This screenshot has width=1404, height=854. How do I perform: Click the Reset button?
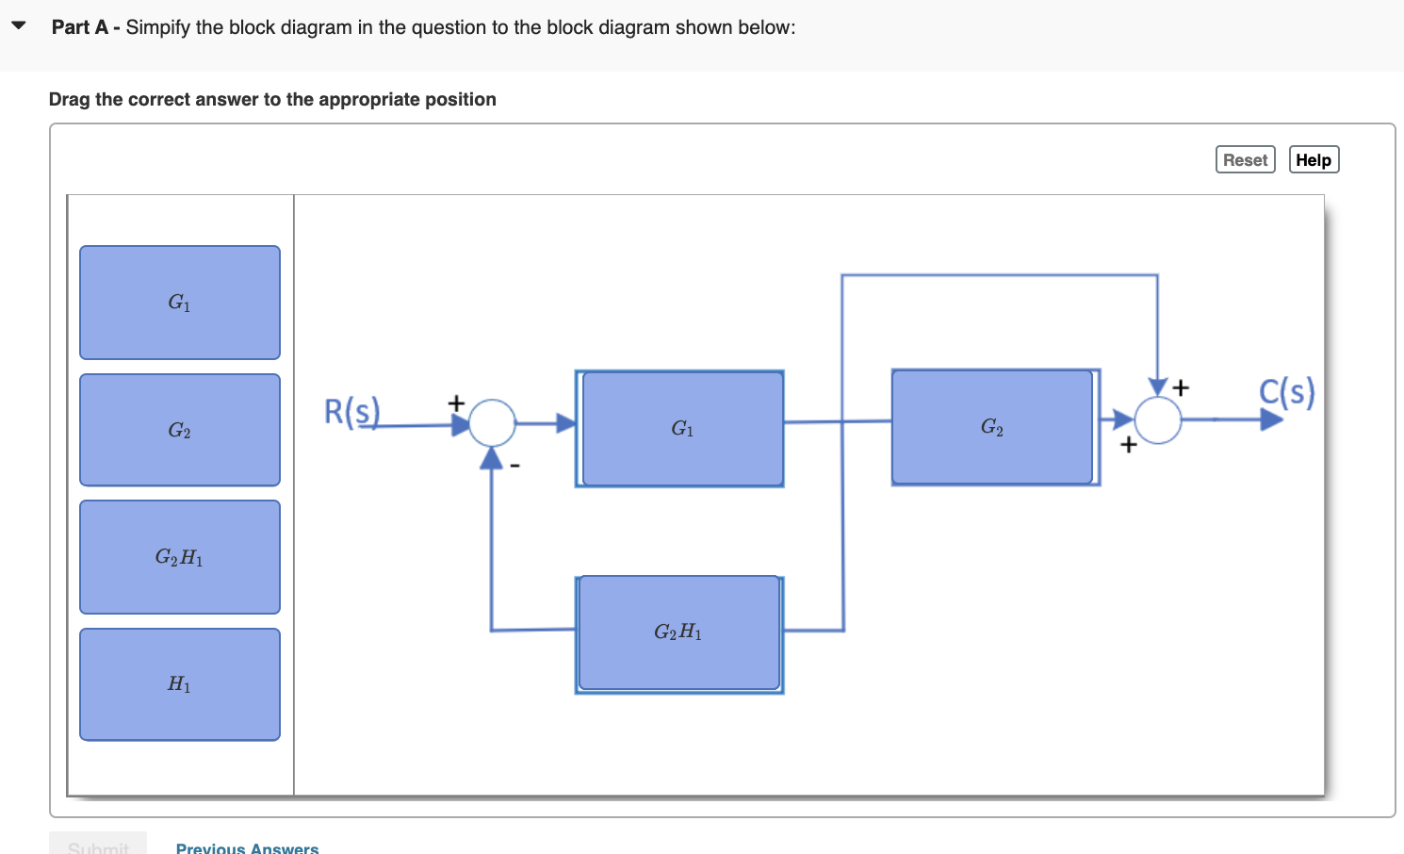(1245, 160)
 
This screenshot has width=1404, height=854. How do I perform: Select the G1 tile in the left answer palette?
(180, 303)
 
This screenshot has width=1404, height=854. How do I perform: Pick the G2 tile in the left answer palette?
(180, 430)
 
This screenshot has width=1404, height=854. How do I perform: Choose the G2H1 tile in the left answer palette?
(180, 557)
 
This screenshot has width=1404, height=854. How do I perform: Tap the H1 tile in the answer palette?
(180, 684)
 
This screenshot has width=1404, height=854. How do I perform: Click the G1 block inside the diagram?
(682, 429)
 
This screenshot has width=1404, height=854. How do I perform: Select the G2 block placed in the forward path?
(992, 427)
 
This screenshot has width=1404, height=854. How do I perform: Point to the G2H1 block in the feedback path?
(678, 632)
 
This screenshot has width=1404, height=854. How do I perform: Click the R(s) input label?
(351, 412)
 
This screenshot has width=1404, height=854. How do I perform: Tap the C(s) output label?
(1286, 391)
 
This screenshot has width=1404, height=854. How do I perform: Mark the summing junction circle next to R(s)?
(492, 422)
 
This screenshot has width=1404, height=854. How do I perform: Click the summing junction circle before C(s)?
(1158, 420)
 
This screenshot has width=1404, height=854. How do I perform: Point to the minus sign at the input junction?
(514, 465)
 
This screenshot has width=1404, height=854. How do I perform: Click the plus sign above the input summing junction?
(456, 402)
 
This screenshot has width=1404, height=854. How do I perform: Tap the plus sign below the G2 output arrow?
(1128, 444)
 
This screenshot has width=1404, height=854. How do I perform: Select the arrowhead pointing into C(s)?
(1271, 419)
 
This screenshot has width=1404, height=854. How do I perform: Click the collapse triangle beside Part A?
(19, 25)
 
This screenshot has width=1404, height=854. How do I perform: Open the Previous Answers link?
(247, 847)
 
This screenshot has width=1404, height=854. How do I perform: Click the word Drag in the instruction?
(70, 100)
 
